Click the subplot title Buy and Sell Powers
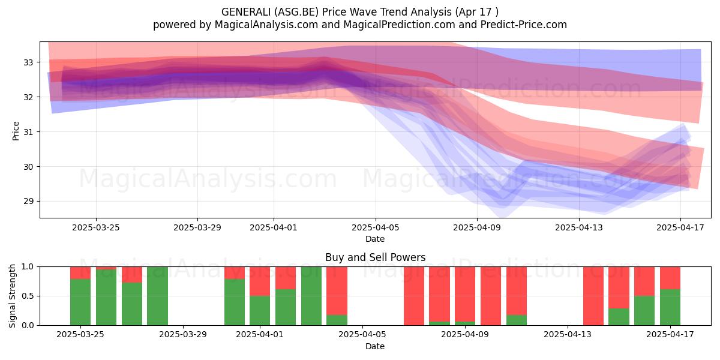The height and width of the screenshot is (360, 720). (375, 257)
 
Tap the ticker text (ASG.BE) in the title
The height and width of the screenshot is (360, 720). (296, 12)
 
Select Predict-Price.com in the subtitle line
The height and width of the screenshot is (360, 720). (524, 25)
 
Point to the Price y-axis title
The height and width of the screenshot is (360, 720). (16, 131)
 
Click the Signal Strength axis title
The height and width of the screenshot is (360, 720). (12, 296)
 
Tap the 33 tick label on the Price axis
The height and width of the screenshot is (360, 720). (28, 62)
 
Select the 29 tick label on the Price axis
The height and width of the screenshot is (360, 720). (28, 202)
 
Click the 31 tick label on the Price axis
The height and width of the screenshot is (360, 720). (28, 132)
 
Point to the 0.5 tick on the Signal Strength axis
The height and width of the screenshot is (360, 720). (28, 296)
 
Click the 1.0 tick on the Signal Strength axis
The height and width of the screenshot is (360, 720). (28, 267)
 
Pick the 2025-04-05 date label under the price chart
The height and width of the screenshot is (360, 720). (376, 227)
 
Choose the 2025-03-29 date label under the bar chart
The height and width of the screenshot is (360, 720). (183, 335)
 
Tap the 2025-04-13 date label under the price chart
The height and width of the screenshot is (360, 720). (579, 227)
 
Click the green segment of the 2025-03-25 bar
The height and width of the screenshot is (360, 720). (80, 302)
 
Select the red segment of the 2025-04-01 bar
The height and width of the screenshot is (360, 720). (260, 281)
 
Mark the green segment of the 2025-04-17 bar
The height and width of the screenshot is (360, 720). (670, 307)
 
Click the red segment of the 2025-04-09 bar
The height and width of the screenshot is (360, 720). (465, 294)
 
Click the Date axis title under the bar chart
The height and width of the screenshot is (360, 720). (375, 346)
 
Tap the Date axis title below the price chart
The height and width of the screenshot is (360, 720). (375, 239)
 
